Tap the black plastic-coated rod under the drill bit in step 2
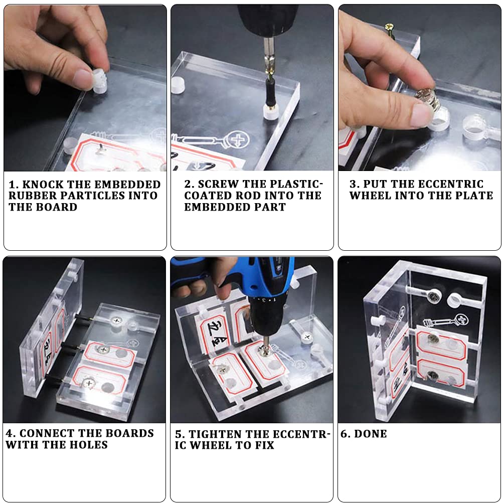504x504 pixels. click(270, 93)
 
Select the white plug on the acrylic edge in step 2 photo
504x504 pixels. click(178, 85)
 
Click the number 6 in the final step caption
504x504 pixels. click(344, 434)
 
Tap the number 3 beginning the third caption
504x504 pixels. click(353, 184)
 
